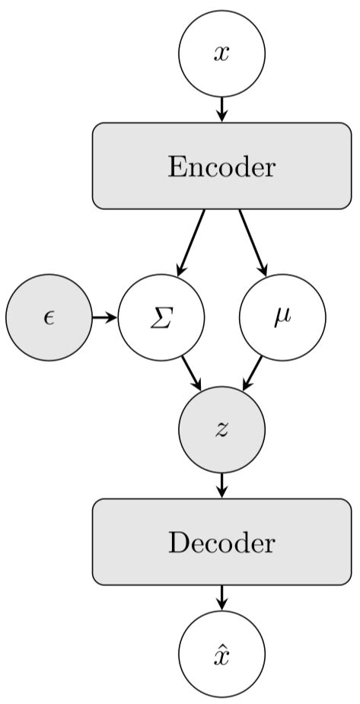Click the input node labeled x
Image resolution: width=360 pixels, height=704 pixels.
221,54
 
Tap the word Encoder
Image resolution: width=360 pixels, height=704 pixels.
221,167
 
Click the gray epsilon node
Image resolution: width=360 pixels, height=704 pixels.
49,317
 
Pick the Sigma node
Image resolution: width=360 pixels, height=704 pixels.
161,317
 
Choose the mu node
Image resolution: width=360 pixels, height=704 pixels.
282,317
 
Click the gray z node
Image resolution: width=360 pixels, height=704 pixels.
221,429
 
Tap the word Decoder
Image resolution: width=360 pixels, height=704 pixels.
221,543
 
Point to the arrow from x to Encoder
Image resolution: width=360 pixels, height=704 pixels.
221,109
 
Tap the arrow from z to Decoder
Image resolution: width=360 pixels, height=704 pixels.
221,485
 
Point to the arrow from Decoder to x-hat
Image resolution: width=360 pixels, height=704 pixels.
221,597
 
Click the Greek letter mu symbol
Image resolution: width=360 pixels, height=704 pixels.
282,319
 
